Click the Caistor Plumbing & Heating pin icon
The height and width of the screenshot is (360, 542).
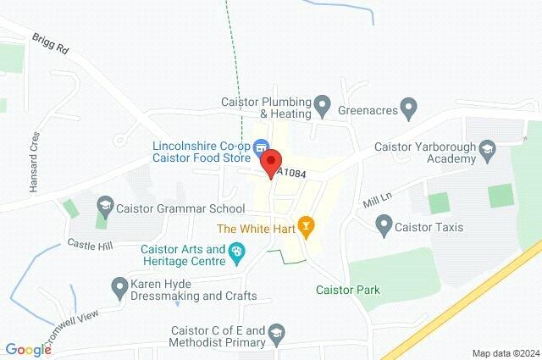tap(322, 107)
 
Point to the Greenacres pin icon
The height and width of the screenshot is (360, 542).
tap(409, 108)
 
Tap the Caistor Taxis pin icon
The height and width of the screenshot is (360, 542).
tap(384, 226)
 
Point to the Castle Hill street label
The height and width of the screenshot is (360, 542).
tap(89, 244)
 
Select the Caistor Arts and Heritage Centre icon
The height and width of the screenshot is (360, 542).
tap(237, 252)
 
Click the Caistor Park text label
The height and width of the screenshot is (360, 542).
tap(347, 290)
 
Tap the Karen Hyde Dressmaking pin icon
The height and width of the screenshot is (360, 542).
tap(119, 286)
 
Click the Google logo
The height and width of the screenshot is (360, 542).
tap(28, 350)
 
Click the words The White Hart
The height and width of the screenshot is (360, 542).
tap(255, 228)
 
